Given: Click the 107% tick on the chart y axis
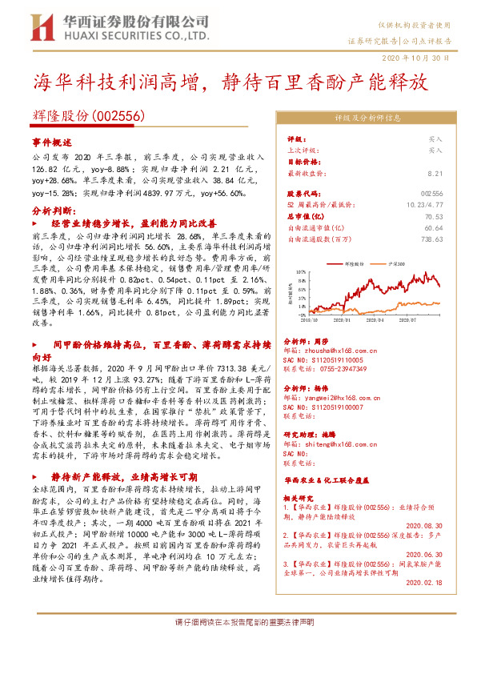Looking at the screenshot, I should (299, 272).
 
